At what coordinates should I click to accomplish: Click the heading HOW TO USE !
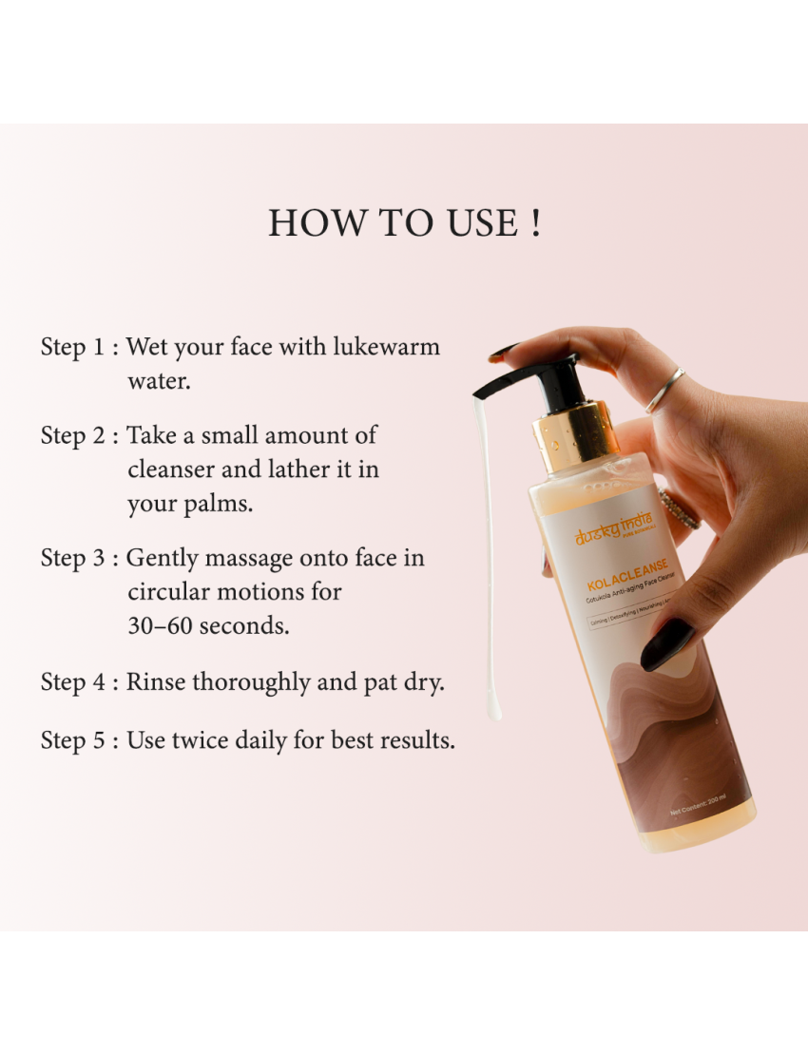pos(404,223)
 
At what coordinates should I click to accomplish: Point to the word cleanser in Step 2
pos(172,470)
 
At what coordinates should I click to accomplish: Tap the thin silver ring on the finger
pos(664,390)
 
